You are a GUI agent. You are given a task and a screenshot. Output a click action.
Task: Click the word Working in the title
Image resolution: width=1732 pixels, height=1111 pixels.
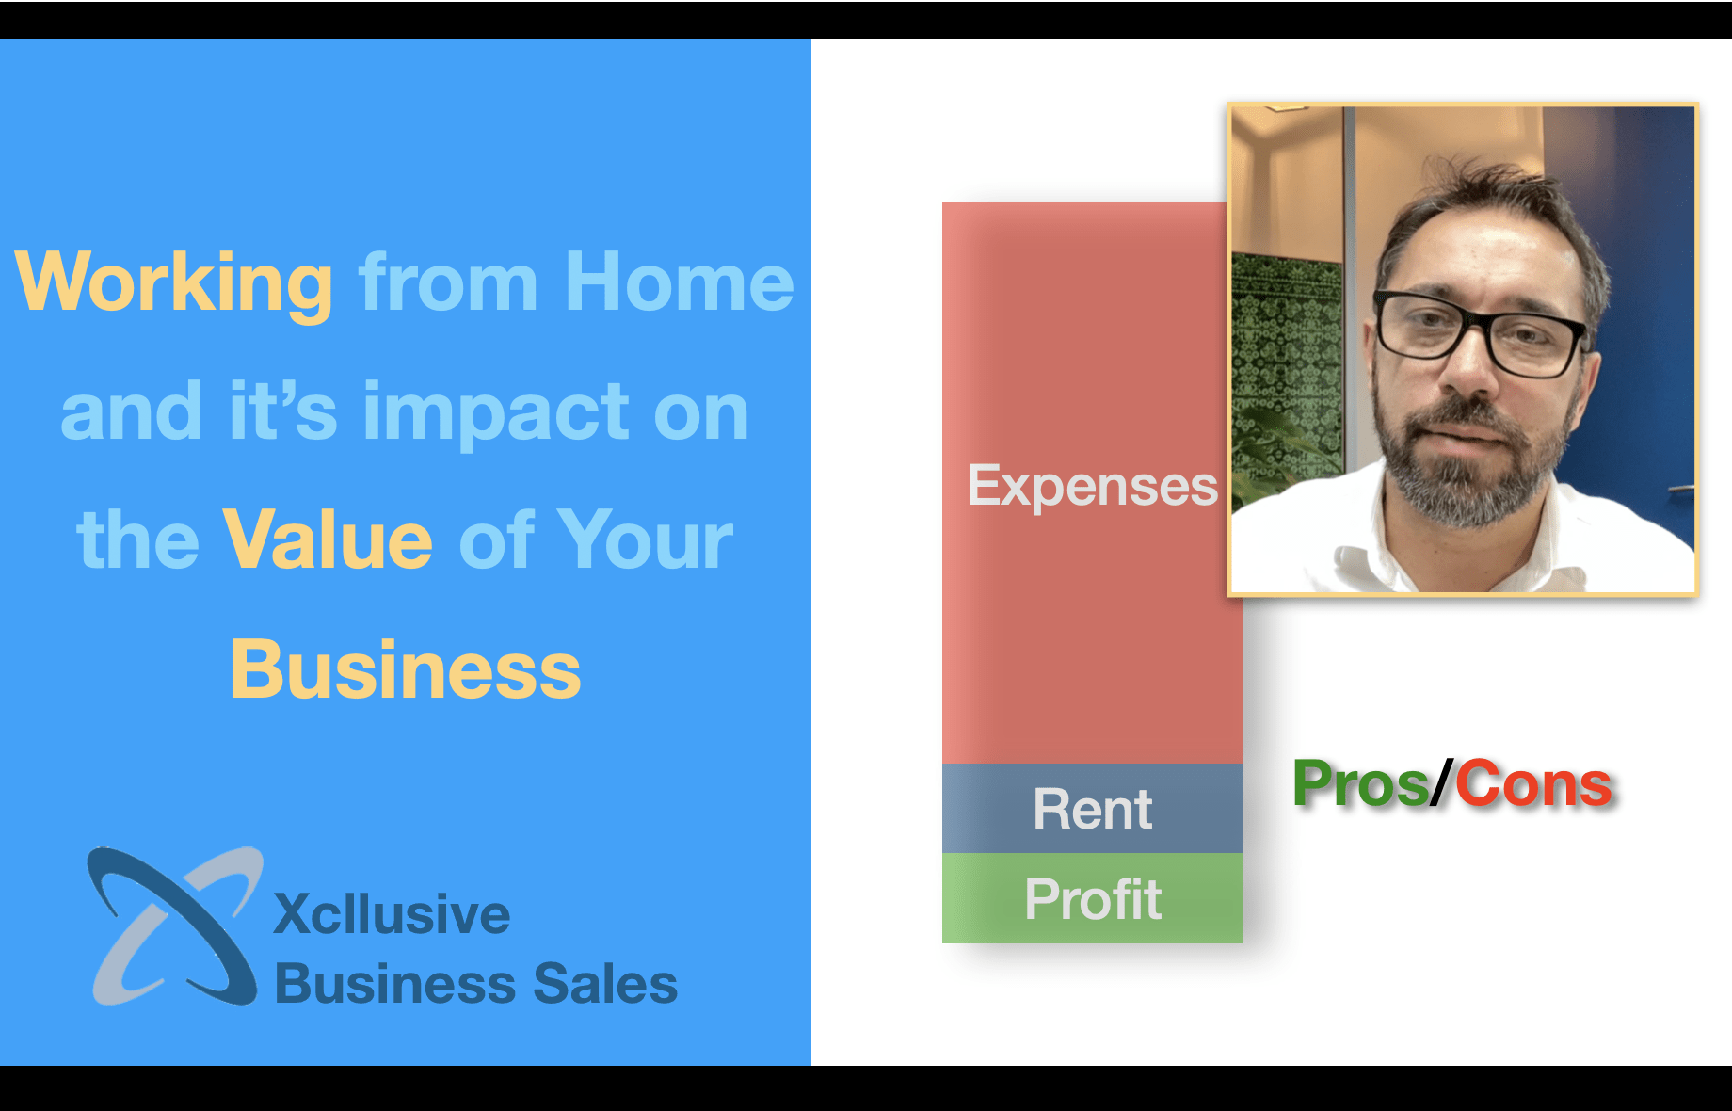pos(174,282)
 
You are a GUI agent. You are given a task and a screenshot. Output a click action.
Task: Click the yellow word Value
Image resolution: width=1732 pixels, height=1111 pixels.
pos(328,539)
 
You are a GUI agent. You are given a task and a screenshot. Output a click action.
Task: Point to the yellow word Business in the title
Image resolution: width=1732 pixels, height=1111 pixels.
pos(406,669)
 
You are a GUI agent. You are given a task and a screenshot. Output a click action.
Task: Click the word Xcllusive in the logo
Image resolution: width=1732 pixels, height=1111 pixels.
pos(392,914)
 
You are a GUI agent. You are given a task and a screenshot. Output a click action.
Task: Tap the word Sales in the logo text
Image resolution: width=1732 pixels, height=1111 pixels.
pos(605,984)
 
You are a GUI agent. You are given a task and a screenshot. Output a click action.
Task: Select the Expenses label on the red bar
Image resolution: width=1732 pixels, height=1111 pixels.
pos(1092,487)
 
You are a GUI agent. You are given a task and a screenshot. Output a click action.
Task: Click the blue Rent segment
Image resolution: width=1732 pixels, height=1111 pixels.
pos(1092,809)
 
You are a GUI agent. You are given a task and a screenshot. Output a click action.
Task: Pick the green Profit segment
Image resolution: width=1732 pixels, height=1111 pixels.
pos(1092,898)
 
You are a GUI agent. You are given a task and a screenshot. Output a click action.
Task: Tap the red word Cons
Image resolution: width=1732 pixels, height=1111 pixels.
pos(1533,784)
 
